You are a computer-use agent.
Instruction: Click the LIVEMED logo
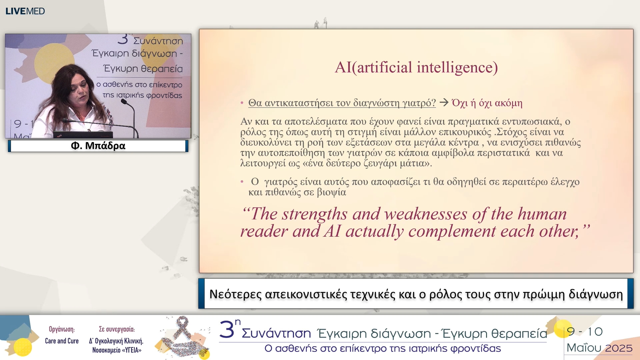pos(25,11)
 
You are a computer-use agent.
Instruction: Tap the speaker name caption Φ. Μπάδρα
pos(98,146)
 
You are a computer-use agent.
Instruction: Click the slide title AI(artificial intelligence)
pos(416,67)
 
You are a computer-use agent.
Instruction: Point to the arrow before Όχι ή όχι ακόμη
pos(444,102)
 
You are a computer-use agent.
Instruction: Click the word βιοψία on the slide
pos(331,192)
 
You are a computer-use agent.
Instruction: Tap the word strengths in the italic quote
pos(315,214)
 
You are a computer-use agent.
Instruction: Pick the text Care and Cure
pos(62,341)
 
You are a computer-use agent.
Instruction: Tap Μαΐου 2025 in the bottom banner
pos(599,348)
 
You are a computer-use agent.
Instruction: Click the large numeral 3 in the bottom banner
pos(227,330)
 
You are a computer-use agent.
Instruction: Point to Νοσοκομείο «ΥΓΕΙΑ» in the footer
pos(117,350)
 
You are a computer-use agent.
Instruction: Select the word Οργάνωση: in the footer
pos(62,329)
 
